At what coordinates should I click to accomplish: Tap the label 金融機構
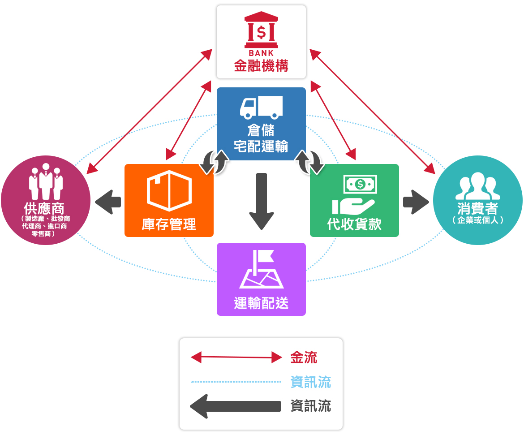tap(261, 66)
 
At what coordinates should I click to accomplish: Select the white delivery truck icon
tap(261, 107)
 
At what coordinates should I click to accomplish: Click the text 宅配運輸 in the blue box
tap(261, 146)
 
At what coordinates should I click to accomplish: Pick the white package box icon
tap(169, 190)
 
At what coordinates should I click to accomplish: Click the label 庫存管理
tap(169, 224)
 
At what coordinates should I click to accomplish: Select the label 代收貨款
tap(354, 224)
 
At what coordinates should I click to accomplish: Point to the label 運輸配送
tap(261, 303)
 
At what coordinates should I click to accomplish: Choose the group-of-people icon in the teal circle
tap(477, 186)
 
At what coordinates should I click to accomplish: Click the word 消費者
tap(477, 209)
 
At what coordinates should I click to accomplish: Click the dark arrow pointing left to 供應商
tap(108, 202)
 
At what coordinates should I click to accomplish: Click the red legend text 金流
tap(304, 358)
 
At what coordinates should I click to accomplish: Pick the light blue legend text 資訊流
tap(310, 382)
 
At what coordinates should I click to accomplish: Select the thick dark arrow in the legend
tap(236, 406)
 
